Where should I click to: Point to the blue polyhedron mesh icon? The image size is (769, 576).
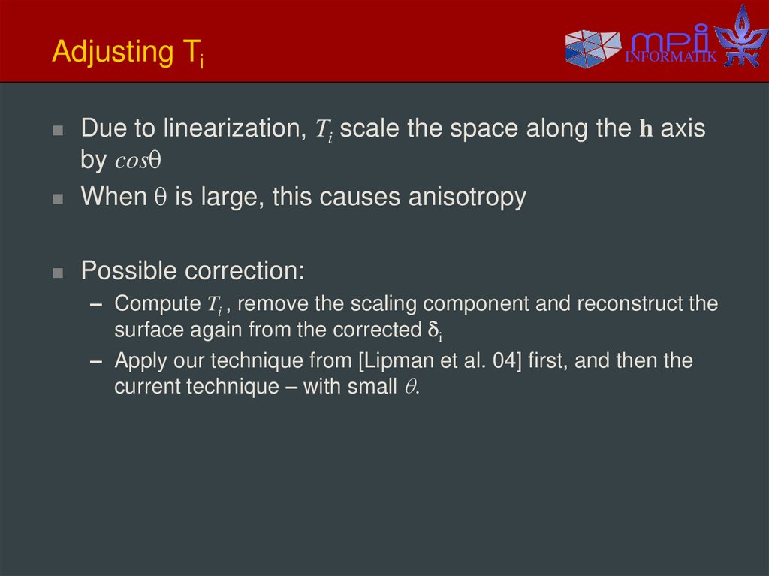pos(593,48)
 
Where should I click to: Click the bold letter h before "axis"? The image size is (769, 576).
pos(646,129)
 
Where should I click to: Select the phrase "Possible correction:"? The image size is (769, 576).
pos(192,270)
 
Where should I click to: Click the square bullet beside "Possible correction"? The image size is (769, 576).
pos(58,272)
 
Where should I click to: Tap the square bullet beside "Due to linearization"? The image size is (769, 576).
pos(58,130)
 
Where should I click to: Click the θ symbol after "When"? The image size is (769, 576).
pos(159,198)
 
